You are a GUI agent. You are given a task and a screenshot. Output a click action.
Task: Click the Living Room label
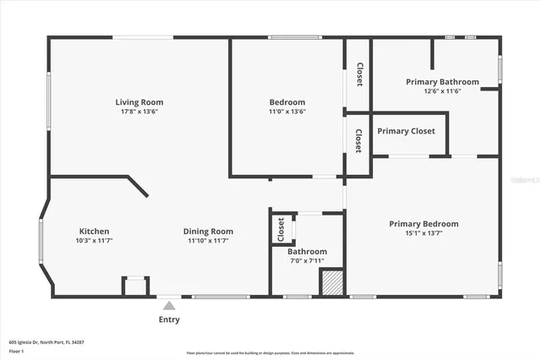[x=139, y=102]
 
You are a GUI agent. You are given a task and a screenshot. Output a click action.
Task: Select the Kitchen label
[x=94, y=232]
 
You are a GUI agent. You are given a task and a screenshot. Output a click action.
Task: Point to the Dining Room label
[x=208, y=232]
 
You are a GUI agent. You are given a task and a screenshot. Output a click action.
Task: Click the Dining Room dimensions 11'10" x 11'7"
[x=208, y=241]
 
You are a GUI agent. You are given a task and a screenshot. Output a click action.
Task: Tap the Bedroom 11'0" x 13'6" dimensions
[x=287, y=111]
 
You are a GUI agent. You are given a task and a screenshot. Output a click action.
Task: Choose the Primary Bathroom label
[x=442, y=82]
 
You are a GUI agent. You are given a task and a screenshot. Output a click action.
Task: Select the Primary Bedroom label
[x=424, y=224]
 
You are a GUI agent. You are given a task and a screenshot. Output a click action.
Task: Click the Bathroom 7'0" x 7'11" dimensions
[x=307, y=260]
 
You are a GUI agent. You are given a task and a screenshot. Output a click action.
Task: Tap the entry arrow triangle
[x=169, y=306]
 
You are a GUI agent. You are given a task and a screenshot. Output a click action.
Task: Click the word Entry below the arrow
[x=169, y=319]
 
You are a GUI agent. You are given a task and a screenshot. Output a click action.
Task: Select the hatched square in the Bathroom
[x=331, y=282]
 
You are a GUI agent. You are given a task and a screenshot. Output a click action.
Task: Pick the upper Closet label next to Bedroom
[x=358, y=75]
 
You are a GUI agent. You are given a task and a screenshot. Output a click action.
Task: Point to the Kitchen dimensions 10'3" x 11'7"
[x=94, y=241]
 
